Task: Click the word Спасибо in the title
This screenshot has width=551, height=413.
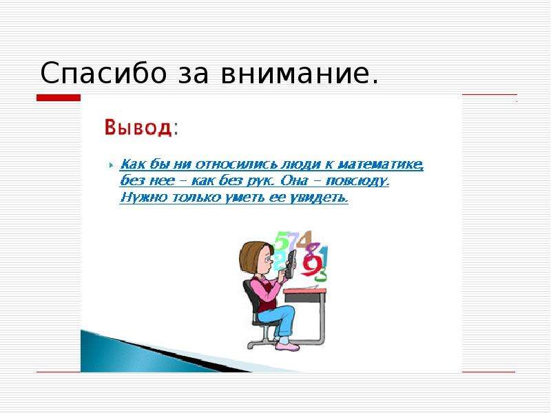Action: [103, 73]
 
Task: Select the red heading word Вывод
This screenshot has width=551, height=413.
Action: [138, 127]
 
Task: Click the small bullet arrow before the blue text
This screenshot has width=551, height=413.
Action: [111, 165]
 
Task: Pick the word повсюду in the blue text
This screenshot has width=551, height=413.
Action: [357, 181]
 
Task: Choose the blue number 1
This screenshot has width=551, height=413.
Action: [324, 255]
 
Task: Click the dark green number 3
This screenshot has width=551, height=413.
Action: [320, 274]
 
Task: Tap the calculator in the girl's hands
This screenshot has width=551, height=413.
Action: [291, 264]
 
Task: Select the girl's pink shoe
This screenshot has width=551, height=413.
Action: [287, 346]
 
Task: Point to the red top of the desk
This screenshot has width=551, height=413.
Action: [305, 291]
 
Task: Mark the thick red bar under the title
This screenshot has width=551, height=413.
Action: [59, 98]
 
